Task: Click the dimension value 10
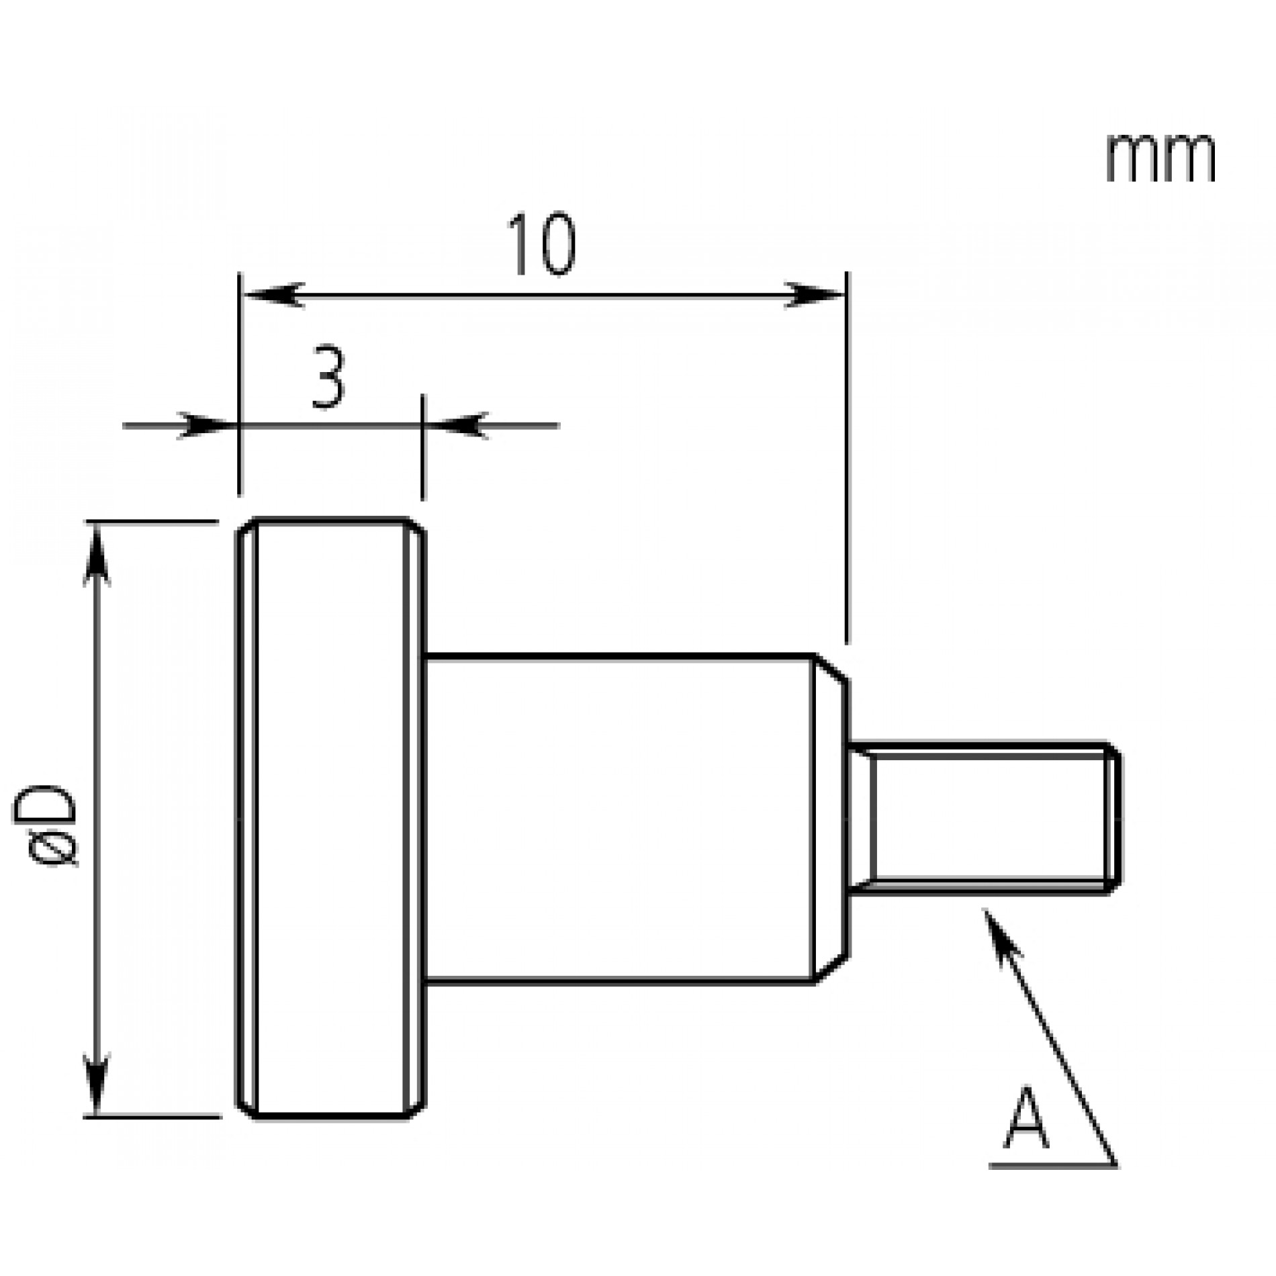(541, 246)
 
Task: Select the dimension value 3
(328, 378)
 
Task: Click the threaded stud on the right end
(983, 819)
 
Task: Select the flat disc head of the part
(331, 819)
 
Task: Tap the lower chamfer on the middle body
(831, 969)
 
